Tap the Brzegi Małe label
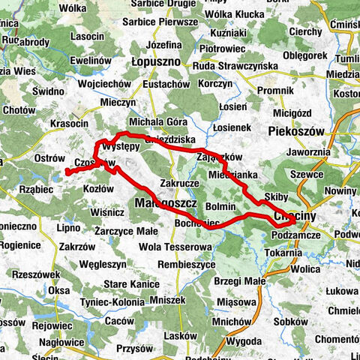(x=240, y=280)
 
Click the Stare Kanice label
(x=131, y=285)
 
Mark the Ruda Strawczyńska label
(x=235, y=64)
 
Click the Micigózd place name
(x=293, y=113)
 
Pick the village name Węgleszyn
(x=103, y=265)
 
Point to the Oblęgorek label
(x=310, y=54)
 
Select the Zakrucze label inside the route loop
(x=178, y=182)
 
